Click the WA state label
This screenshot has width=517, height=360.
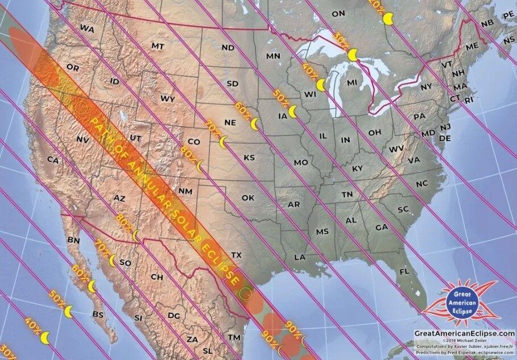[x=87, y=28]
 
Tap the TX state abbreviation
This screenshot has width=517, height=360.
[x=237, y=255]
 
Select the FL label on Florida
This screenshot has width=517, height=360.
[x=404, y=272]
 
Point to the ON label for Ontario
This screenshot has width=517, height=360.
[x=338, y=13]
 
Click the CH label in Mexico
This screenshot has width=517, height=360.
[x=157, y=277]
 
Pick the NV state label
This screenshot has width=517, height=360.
[x=82, y=139]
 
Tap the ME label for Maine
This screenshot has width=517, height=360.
[x=472, y=47]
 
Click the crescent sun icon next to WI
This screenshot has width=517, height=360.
[x=321, y=85]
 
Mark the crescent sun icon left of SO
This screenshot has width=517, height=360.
[x=113, y=261]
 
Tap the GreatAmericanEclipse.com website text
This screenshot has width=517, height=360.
[x=464, y=333]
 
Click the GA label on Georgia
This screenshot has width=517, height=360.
[x=382, y=227]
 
